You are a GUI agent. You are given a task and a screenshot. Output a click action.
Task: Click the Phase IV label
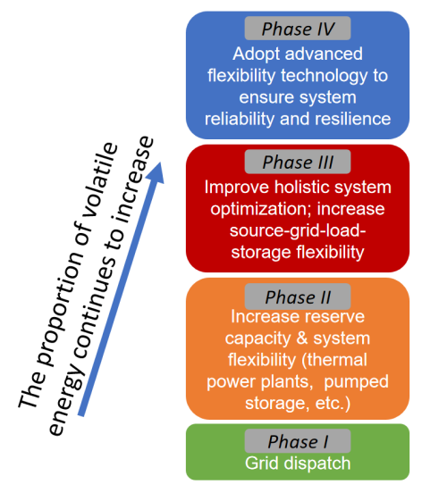(x=298, y=29)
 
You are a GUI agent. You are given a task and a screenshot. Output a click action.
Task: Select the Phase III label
(x=298, y=162)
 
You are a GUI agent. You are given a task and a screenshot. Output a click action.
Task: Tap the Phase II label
(x=298, y=296)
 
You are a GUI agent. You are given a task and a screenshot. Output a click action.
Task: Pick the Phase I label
(x=298, y=441)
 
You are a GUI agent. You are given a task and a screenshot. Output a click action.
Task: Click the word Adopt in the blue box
(x=257, y=54)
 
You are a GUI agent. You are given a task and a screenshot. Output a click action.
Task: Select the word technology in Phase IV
(x=324, y=76)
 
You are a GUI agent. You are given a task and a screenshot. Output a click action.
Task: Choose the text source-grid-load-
(x=298, y=230)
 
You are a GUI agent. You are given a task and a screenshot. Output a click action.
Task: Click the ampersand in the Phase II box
(x=301, y=338)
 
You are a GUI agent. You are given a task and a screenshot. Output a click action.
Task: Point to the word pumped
(x=357, y=382)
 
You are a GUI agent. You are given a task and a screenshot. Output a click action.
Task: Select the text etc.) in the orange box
(x=333, y=404)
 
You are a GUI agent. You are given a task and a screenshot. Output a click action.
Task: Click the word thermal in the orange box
(x=337, y=360)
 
